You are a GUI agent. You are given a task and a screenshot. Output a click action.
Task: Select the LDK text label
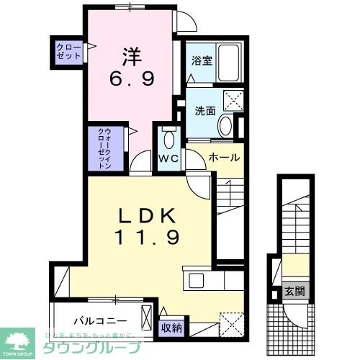click(x=147, y=217)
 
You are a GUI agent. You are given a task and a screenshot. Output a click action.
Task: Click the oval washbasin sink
click(x=225, y=127)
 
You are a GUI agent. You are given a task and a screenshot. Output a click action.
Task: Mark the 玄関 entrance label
click(x=294, y=292)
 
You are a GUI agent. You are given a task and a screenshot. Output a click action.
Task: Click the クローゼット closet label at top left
click(x=69, y=50)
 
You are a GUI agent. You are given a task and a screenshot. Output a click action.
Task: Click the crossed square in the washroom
click(x=233, y=100)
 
